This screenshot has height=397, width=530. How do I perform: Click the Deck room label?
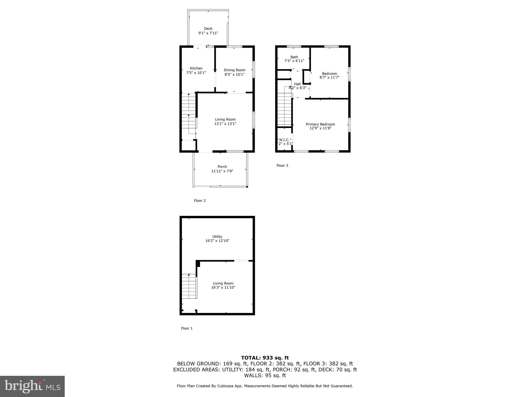(208, 29)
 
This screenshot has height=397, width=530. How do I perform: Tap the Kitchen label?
(196, 68)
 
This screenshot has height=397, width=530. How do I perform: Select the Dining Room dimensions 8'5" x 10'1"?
(234, 74)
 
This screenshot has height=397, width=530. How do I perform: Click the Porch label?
(222, 167)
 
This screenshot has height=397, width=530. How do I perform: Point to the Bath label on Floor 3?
(294, 57)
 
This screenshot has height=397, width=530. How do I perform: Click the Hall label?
(297, 84)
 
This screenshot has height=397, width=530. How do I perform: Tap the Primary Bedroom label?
(320, 124)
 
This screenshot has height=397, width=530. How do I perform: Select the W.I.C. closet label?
(284, 140)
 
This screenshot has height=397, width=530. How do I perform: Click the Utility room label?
(217, 236)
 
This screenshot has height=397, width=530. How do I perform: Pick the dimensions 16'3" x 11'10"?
(223, 287)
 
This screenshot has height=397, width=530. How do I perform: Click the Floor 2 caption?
(200, 201)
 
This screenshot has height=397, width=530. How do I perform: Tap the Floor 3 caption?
(282, 165)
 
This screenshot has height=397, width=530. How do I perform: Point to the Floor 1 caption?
(187, 328)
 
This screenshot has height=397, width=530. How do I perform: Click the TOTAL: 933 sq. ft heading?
(265, 358)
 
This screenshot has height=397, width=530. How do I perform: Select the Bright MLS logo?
(32, 386)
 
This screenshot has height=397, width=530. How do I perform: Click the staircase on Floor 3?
(284, 107)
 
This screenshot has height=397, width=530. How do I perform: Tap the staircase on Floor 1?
(189, 286)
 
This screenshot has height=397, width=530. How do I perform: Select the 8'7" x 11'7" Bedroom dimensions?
(329, 77)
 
